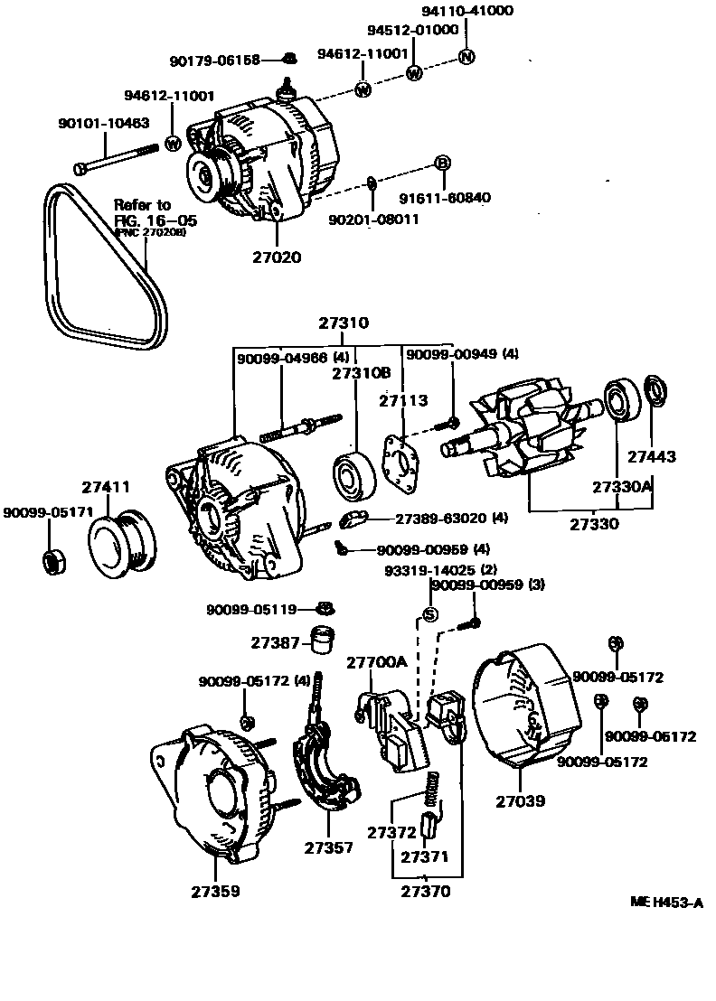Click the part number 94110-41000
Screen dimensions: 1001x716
[x=467, y=11]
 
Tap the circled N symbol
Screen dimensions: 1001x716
[x=466, y=58]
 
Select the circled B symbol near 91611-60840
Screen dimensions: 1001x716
[x=442, y=163]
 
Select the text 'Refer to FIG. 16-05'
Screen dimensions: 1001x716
[x=154, y=213]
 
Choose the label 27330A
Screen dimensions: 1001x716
[x=623, y=486]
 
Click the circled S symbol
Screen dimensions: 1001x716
[x=430, y=614]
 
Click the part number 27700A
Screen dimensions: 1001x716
[x=377, y=662]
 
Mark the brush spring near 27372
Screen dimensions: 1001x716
[x=433, y=790]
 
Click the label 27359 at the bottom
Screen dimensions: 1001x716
[x=215, y=892]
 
